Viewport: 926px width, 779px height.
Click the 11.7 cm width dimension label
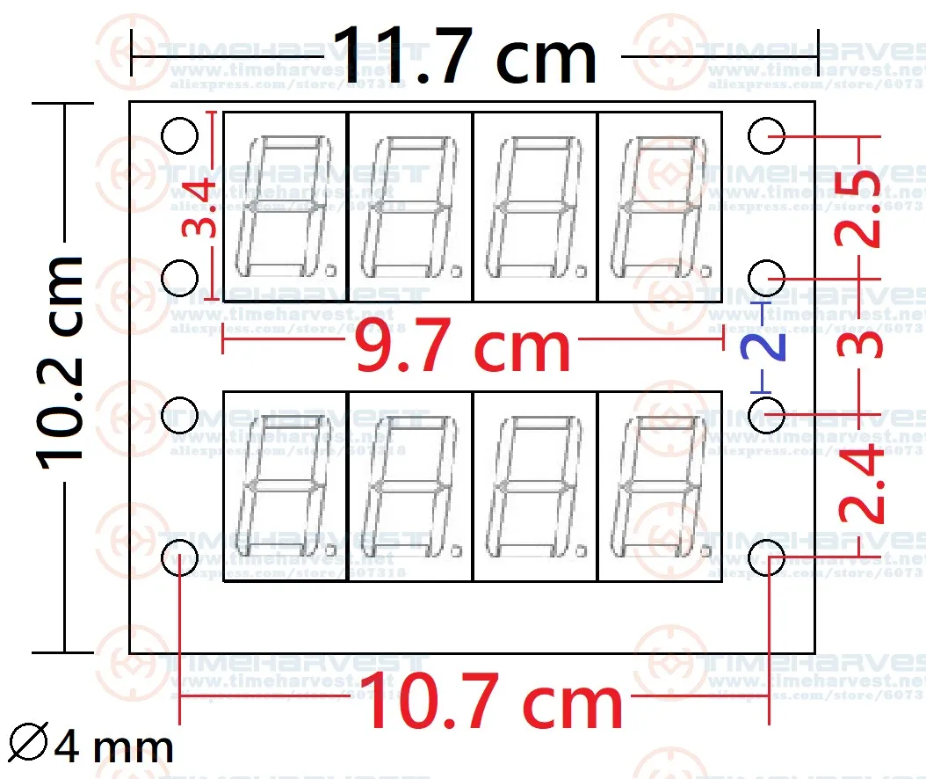pos(466,56)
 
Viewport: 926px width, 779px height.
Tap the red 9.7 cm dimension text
pos(462,347)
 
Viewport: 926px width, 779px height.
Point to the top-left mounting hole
pos(180,135)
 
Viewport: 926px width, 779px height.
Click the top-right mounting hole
pos(767,135)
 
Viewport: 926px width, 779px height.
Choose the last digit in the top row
pos(660,207)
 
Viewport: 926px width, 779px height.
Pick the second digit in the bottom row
pos(410,486)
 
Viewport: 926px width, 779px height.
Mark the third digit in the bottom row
pos(535,486)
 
